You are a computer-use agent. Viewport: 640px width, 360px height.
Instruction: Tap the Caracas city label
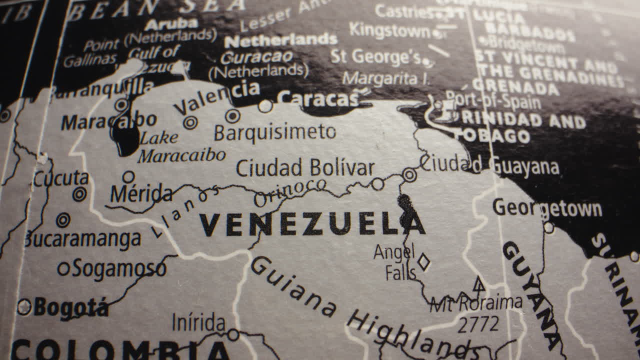point(318,99)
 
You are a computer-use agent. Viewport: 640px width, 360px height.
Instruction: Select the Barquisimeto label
point(274,132)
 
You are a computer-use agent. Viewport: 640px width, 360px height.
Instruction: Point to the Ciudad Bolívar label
point(305,168)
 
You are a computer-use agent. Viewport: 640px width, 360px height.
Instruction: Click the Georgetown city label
point(547,208)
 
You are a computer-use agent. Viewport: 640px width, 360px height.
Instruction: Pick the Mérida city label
point(141,194)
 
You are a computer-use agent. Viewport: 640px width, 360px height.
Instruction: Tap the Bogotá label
point(70,307)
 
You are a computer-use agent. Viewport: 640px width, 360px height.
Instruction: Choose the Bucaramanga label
point(82,239)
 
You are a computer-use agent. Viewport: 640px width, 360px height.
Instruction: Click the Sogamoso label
point(119,269)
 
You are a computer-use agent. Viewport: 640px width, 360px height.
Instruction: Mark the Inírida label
point(198,322)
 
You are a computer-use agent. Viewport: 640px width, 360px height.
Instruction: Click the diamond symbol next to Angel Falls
point(423,261)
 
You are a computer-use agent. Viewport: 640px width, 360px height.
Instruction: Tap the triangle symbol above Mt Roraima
point(479,284)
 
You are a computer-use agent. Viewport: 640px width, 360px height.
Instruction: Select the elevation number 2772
point(478,324)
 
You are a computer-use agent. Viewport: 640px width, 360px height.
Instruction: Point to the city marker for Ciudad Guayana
point(409,174)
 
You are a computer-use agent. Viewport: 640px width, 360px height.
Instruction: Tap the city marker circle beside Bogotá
point(24,306)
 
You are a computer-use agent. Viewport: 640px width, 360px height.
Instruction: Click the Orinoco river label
point(290,192)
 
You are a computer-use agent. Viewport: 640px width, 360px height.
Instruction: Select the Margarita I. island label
point(386,78)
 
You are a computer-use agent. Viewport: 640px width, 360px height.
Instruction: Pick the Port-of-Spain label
point(493,100)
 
